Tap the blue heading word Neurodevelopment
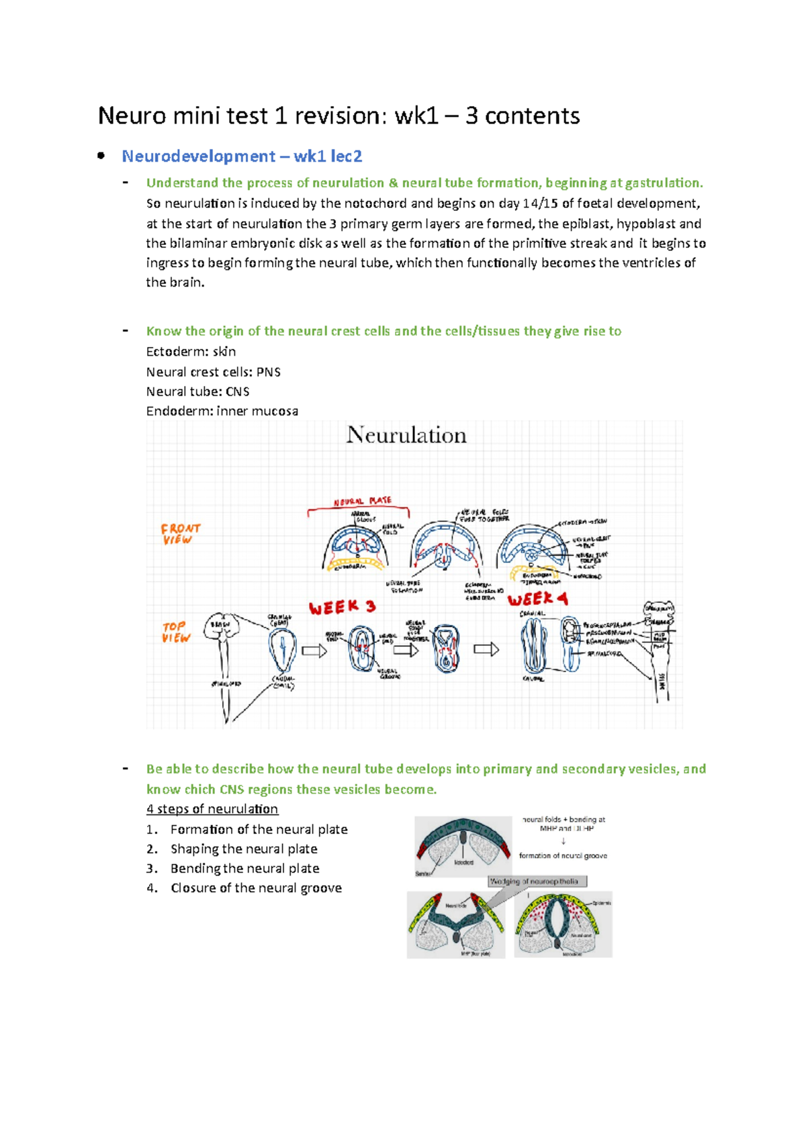pos(198,156)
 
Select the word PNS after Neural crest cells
pos(268,372)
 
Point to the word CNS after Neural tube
pos(237,391)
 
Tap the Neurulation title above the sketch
pos(406,435)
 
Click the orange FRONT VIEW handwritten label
pos(180,534)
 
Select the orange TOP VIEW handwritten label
pos(176,632)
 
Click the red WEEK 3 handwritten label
pos(342,608)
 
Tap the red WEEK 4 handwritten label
pos(537,599)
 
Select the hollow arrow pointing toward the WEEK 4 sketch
pos(486,649)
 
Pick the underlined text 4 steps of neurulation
pos(212,809)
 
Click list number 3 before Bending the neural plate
pos(152,869)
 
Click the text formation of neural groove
pos(563,856)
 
